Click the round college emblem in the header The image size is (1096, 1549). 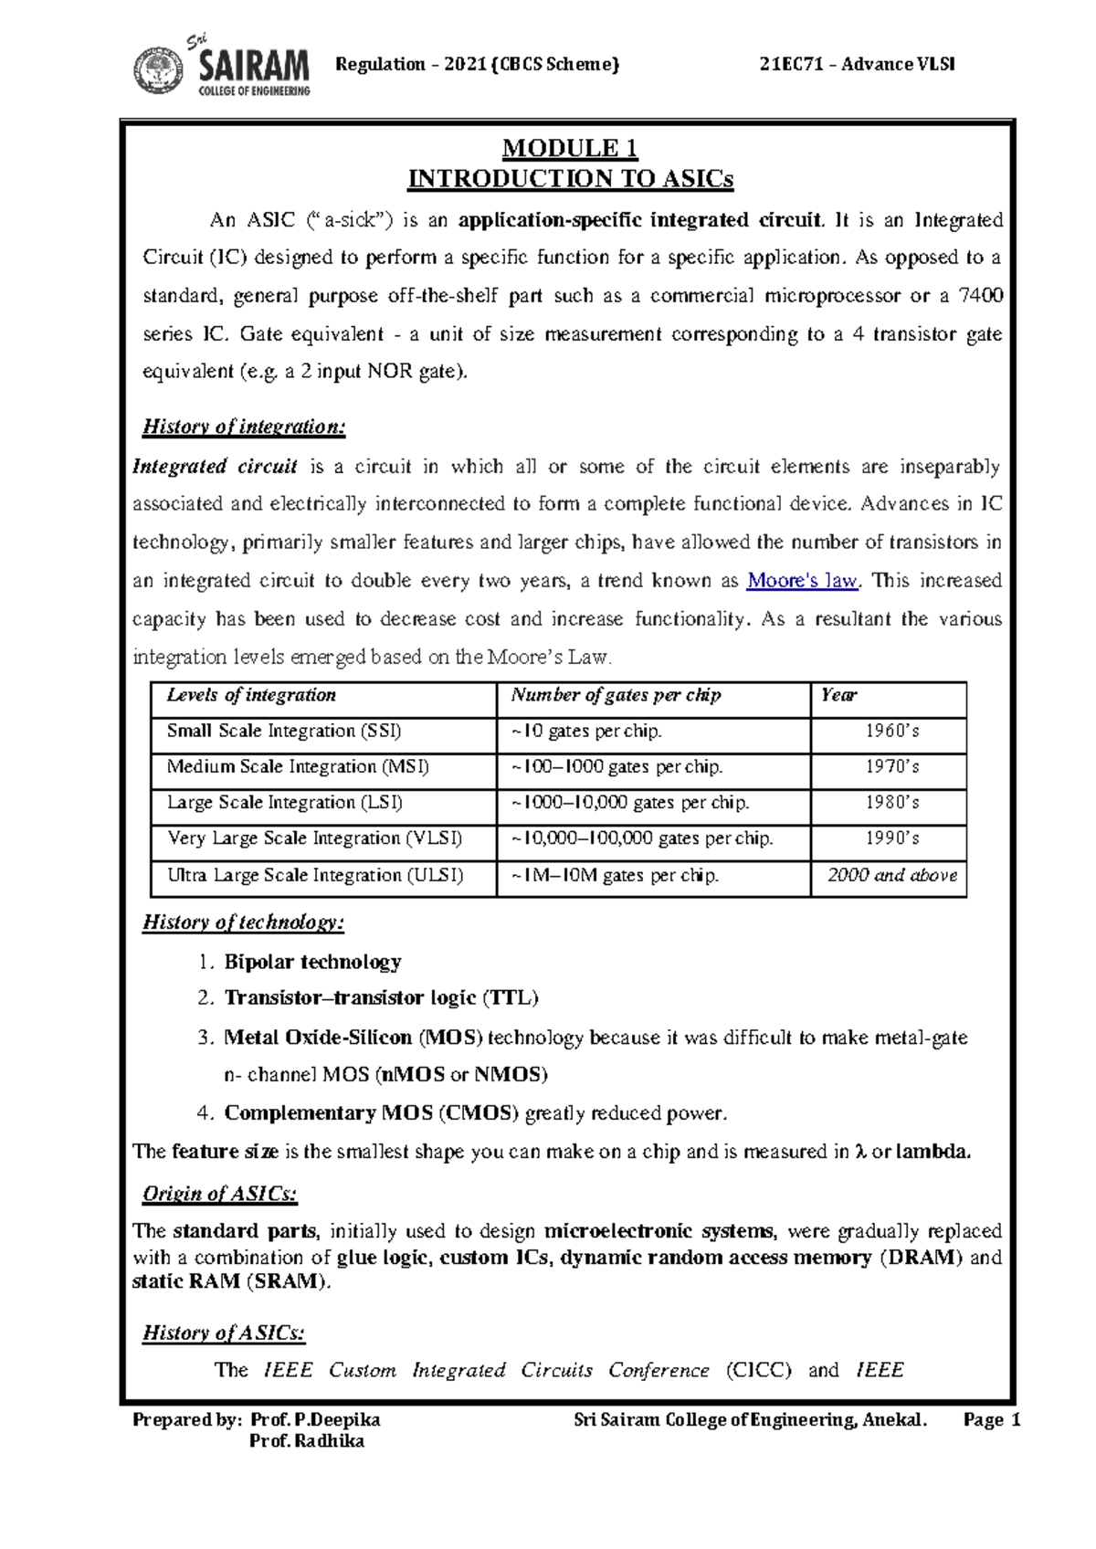click(159, 71)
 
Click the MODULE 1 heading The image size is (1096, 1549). click(570, 148)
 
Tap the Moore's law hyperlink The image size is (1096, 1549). click(802, 581)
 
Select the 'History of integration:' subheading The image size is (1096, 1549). click(243, 427)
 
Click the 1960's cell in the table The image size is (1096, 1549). click(892, 732)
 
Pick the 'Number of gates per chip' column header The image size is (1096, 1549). click(616, 696)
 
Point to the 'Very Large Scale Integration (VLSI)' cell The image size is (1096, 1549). click(314, 838)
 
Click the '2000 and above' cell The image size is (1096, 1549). click(891, 876)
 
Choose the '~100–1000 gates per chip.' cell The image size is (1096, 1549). click(617, 767)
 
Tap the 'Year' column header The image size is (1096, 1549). click(838, 696)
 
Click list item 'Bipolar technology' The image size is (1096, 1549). click(312, 962)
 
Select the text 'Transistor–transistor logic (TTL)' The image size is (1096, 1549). click(381, 998)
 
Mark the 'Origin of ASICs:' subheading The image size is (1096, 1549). click(219, 1194)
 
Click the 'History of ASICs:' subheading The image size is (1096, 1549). click(223, 1333)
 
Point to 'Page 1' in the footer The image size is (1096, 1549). click(991, 1420)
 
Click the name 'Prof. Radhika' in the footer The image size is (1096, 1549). click(307, 1441)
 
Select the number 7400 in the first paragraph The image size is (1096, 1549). click(982, 296)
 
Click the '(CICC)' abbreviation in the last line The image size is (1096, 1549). click(758, 1371)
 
